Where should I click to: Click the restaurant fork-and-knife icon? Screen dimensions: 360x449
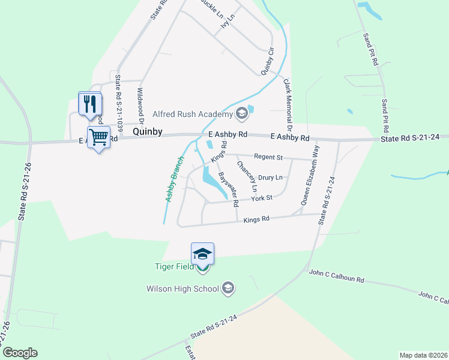click(x=90, y=103)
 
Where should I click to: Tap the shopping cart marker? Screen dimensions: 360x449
click(x=99, y=137)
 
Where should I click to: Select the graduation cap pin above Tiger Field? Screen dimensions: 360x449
click(x=203, y=254)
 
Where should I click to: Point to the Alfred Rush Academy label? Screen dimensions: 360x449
click(x=192, y=114)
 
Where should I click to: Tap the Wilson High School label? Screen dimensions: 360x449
click(x=183, y=289)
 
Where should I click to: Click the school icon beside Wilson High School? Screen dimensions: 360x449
click(x=228, y=289)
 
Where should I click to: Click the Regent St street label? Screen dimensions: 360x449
click(x=268, y=157)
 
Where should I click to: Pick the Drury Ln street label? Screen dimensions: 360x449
click(x=270, y=178)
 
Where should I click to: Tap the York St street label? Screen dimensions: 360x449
click(x=262, y=197)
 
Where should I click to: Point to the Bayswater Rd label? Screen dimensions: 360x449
click(x=227, y=186)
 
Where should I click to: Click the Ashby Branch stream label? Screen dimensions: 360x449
click(x=173, y=178)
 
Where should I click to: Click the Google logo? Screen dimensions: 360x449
click(x=20, y=353)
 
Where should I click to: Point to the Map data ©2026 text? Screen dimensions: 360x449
click(x=423, y=355)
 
